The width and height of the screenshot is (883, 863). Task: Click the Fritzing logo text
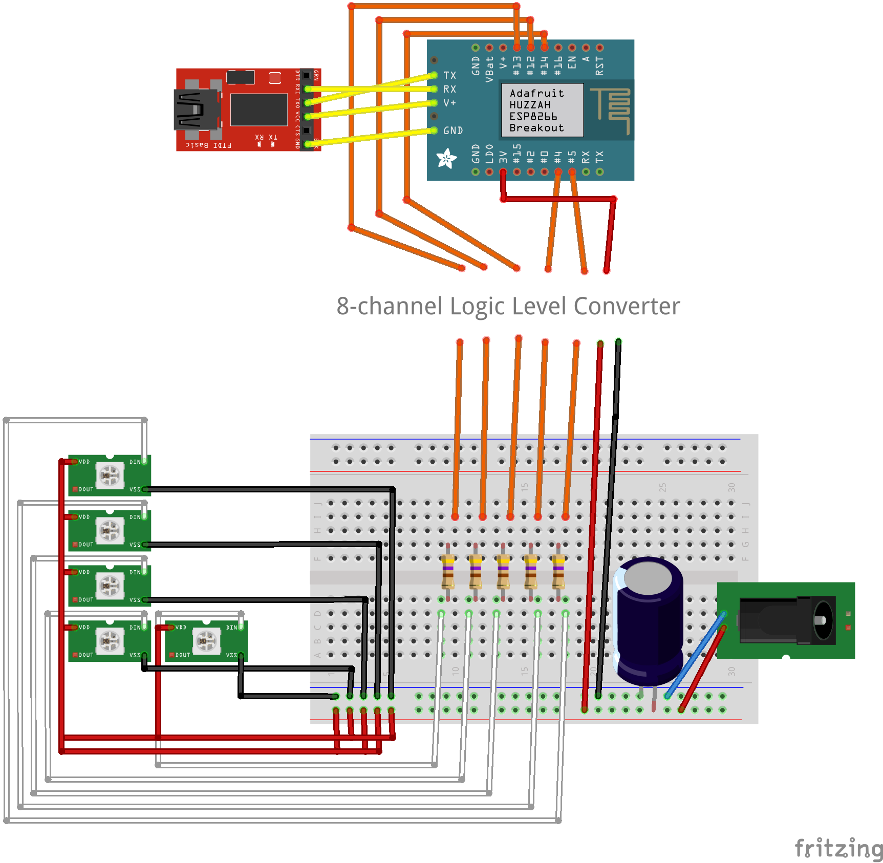click(x=837, y=848)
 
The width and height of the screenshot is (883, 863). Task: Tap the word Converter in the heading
click(x=627, y=306)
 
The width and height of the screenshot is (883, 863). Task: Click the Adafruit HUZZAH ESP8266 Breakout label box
click(x=542, y=110)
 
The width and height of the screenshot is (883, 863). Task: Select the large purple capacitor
click(x=649, y=619)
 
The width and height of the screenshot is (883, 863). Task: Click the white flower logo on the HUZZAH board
click(x=446, y=159)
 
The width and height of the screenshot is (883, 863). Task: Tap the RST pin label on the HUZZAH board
click(x=599, y=66)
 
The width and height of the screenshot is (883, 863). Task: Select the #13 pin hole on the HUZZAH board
click(x=517, y=48)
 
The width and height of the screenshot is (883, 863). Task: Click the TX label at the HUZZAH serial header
click(x=449, y=75)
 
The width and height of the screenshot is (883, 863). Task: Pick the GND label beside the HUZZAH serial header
click(x=453, y=131)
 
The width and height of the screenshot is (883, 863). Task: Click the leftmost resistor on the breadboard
click(x=448, y=572)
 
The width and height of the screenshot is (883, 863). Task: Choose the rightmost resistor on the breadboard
click(x=558, y=572)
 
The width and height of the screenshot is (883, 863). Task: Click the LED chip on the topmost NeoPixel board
click(x=110, y=476)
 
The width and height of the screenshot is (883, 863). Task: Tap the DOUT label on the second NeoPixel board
click(x=86, y=545)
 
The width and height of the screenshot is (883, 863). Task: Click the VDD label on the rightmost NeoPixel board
click(x=181, y=627)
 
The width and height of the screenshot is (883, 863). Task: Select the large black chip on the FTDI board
click(x=259, y=110)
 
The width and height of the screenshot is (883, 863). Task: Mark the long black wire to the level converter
click(x=608, y=517)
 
